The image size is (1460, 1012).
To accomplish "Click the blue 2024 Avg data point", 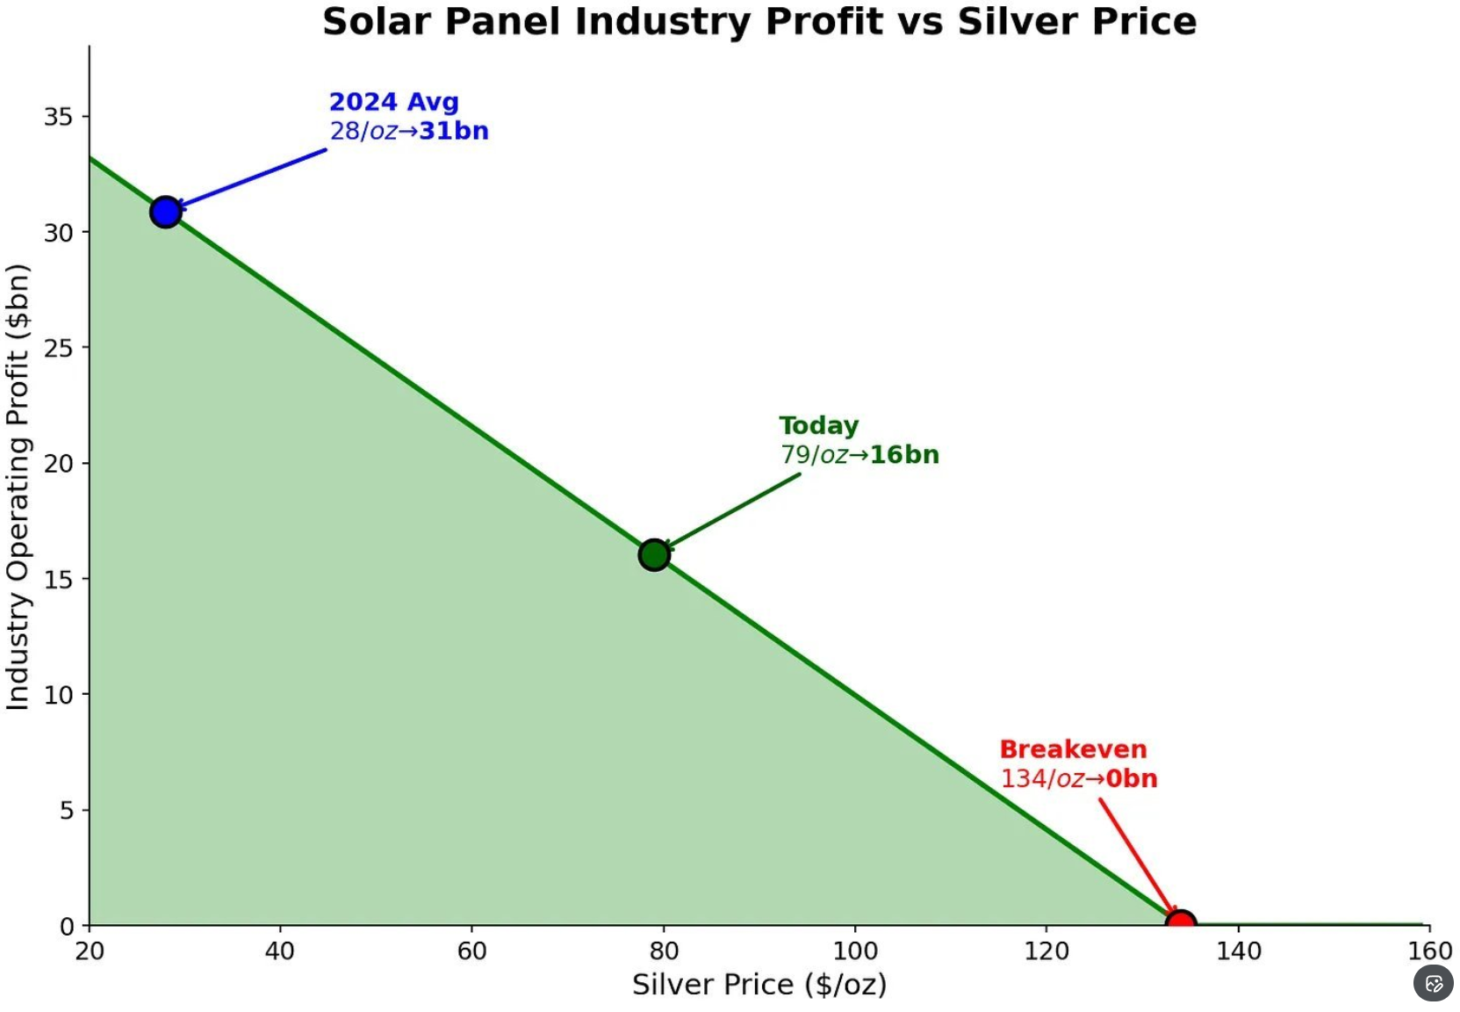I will [x=165, y=212].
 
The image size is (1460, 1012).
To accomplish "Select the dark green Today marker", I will [x=654, y=554].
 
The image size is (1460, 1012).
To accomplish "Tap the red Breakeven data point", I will [x=1181, y=922].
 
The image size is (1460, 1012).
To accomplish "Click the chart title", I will [x=759, y=22].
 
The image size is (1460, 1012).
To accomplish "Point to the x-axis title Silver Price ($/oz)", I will [x=759, y=984].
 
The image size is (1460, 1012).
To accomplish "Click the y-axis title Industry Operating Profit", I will [x=18, y=487].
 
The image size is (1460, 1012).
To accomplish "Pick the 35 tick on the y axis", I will [x=59, y=116].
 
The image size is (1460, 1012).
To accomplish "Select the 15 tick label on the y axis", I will [x=59, y=579].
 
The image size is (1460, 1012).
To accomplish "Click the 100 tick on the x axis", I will [x=854, y=951].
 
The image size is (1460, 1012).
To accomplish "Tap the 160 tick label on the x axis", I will [x=1429, y=951].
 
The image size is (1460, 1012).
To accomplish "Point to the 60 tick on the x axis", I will [x=471, y=951].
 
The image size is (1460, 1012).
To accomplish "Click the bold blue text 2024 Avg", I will [x=394, y=102].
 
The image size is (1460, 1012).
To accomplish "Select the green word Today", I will [x=818, y=425].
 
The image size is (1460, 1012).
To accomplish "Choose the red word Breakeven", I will [x=1073, y=749].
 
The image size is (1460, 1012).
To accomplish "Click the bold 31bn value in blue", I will [x=454, y=131].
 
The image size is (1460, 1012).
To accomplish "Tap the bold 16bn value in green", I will [x=904, y=455].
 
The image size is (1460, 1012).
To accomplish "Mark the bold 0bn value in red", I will [x=1132, y=778].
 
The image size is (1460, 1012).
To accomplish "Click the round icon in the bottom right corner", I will [x=1434, y=984].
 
